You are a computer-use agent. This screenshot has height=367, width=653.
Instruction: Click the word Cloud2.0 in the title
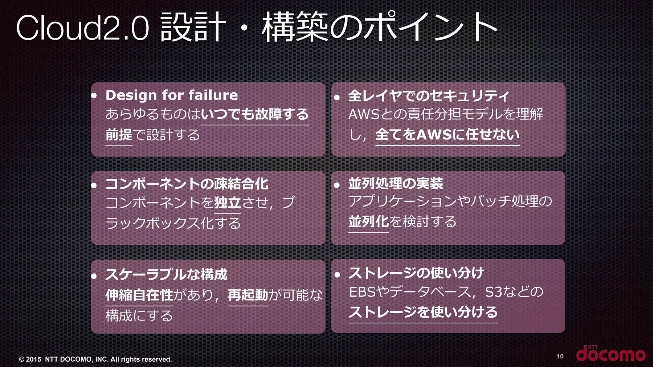click(x=82, y=28)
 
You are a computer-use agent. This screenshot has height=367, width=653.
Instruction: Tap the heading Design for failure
click(x=172, y=95)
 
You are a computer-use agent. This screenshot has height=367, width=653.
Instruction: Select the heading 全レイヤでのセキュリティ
click(x=428, y=96)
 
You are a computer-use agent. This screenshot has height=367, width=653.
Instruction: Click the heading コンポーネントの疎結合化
click(x=187, y=184)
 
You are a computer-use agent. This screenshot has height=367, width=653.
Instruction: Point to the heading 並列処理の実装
click(x=395, y=183)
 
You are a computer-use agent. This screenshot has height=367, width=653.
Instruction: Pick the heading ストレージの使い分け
click(x=416, y=273)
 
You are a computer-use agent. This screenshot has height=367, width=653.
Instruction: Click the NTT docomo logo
click(x=611, y=354)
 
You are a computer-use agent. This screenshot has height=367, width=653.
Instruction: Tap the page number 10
click(x=560, y=356)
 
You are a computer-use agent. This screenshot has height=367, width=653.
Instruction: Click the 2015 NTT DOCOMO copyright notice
click(x=95, y=359)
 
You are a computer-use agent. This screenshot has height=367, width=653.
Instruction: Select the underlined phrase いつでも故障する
click(x=255, y=114)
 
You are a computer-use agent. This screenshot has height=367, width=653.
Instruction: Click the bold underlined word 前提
click(x=119, y=135)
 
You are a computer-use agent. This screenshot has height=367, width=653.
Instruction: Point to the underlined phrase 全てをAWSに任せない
click(x=447, y=135)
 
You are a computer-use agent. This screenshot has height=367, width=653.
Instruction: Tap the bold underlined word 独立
click(x=227, y=203)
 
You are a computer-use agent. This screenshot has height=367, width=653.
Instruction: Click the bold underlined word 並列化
click(x=368, y=222)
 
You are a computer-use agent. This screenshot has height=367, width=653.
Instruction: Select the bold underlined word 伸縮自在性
click(x=139, y=295)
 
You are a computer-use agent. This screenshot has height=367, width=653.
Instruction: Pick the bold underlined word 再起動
click(x=248, y=295)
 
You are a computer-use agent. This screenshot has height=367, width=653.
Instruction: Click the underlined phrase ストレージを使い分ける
click(x=423, y=312)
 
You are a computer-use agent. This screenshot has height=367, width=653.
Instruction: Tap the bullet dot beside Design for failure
click(x=94, y=96)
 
